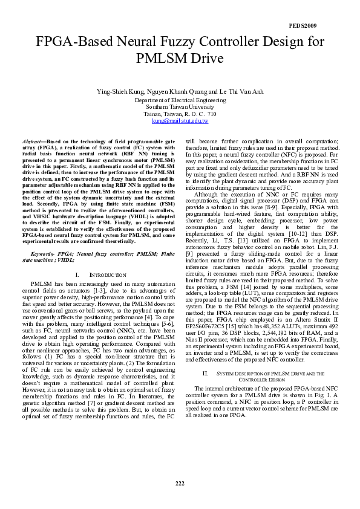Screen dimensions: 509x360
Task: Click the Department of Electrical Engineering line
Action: (180, 99)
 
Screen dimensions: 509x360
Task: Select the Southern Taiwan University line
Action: (180, 106)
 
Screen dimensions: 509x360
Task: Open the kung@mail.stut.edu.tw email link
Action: (180, 121)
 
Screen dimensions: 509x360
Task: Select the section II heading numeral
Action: (205, 357)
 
